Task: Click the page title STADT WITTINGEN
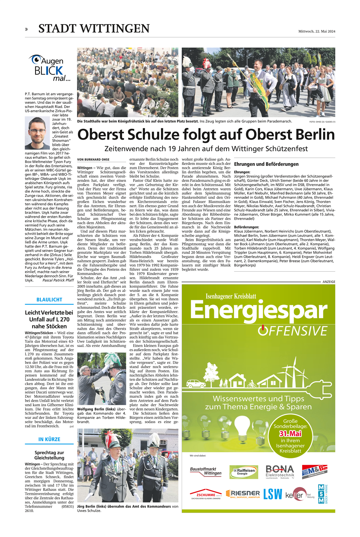94,29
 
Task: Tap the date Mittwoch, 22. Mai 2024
317,31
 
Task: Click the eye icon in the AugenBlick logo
36,59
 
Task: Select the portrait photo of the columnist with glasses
37,133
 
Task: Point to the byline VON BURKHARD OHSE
93,159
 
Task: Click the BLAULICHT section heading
49,300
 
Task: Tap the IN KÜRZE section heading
49,439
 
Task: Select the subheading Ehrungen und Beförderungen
266,164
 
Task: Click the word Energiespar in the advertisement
258,310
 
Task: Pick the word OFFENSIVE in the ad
293,331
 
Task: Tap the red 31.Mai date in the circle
290,434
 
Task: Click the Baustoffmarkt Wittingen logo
206,471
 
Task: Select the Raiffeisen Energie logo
244,472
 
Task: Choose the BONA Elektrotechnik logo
280,471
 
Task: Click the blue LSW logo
272,494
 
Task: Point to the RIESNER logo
243,494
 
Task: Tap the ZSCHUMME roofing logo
206,494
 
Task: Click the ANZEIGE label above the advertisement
329,282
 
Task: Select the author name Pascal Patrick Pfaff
58,280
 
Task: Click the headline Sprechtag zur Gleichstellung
49,455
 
